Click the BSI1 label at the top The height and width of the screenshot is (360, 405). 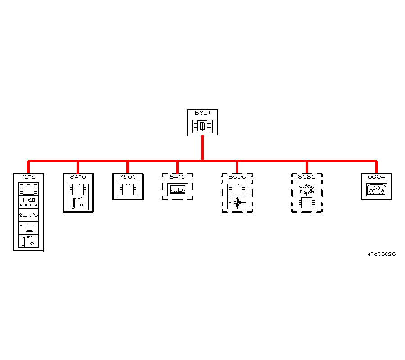(202, 112)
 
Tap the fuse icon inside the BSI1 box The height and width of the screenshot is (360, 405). (202, 126)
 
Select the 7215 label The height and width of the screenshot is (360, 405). (28, 177)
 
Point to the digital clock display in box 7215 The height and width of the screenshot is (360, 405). (28, 200)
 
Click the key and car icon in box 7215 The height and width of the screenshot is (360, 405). (28, 215)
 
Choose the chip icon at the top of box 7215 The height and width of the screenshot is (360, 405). (28, 188)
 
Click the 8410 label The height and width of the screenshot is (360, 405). (78, 177)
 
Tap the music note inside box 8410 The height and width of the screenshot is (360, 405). (78, 203)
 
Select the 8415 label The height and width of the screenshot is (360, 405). (177, 177)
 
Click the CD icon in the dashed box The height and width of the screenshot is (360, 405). (177, 190)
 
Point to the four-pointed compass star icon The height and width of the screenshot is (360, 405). (237, 203)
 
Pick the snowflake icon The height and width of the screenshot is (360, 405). (306, 189)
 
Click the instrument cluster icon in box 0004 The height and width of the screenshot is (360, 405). (376, 189)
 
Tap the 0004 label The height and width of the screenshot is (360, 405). (376, 177)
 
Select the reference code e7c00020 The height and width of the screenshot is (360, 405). (381, 254)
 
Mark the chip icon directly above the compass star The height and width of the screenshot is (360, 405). (237, 189)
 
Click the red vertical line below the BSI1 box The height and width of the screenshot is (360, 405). (202, 147)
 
